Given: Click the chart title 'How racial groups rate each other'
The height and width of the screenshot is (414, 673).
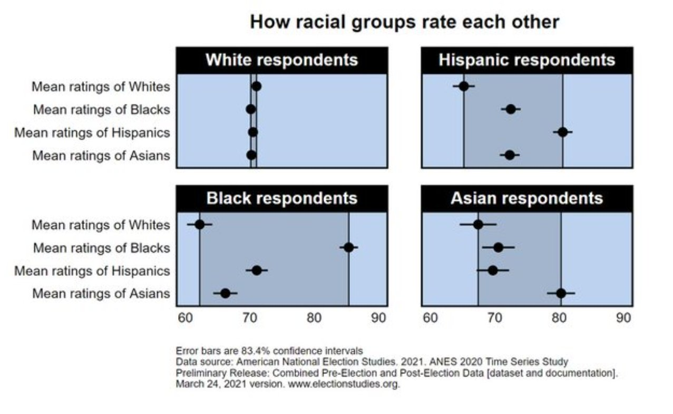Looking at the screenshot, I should [404, 22].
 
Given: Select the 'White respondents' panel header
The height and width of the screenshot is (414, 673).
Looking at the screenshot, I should [281, 60].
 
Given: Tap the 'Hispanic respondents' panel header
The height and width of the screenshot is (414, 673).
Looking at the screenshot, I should [526, 60].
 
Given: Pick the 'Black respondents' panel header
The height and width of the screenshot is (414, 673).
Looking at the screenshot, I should [281, 198].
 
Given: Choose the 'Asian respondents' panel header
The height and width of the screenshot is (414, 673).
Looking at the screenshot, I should [526, 198].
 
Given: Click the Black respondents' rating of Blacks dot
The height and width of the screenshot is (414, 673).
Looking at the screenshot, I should [348, 247].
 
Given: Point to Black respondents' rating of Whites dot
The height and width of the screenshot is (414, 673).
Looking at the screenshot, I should [200, 225].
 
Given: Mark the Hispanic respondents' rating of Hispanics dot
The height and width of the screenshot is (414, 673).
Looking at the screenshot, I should [563, 132].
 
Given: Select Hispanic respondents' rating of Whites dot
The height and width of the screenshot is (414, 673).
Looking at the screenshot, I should [464, 86].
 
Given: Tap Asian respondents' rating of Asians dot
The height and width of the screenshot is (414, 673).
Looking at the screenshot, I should [561, 293].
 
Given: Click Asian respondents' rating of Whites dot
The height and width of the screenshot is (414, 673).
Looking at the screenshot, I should [478, 225].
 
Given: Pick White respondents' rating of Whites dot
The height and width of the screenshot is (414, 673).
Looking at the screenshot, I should [256, 86].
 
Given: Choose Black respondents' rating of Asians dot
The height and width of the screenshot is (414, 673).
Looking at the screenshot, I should [225, 293].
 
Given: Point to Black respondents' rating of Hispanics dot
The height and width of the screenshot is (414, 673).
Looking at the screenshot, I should [257, 271].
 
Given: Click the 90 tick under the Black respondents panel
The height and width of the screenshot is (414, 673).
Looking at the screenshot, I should [378, 318].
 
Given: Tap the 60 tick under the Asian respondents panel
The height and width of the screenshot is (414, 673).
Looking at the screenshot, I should [430, 318].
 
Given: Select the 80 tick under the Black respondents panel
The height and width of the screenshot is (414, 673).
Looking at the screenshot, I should [314, 318].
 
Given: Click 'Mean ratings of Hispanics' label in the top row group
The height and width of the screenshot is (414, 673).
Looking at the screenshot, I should [92, 132].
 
